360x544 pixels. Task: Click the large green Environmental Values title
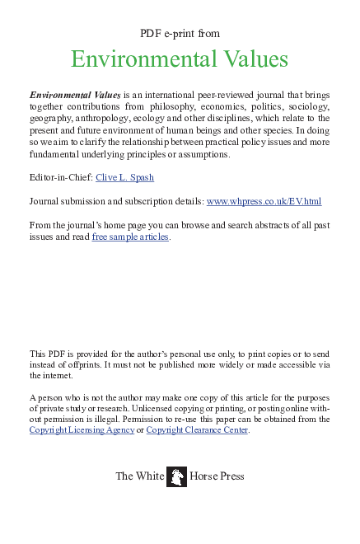point(180,59)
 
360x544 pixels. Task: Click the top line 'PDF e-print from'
point(180,33)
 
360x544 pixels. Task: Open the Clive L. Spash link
point(124,178)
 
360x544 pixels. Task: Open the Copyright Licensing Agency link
point(82,430)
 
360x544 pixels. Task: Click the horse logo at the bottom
point(176,476)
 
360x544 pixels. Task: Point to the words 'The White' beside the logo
point(138,476)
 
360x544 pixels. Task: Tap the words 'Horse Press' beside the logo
point(217,476)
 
